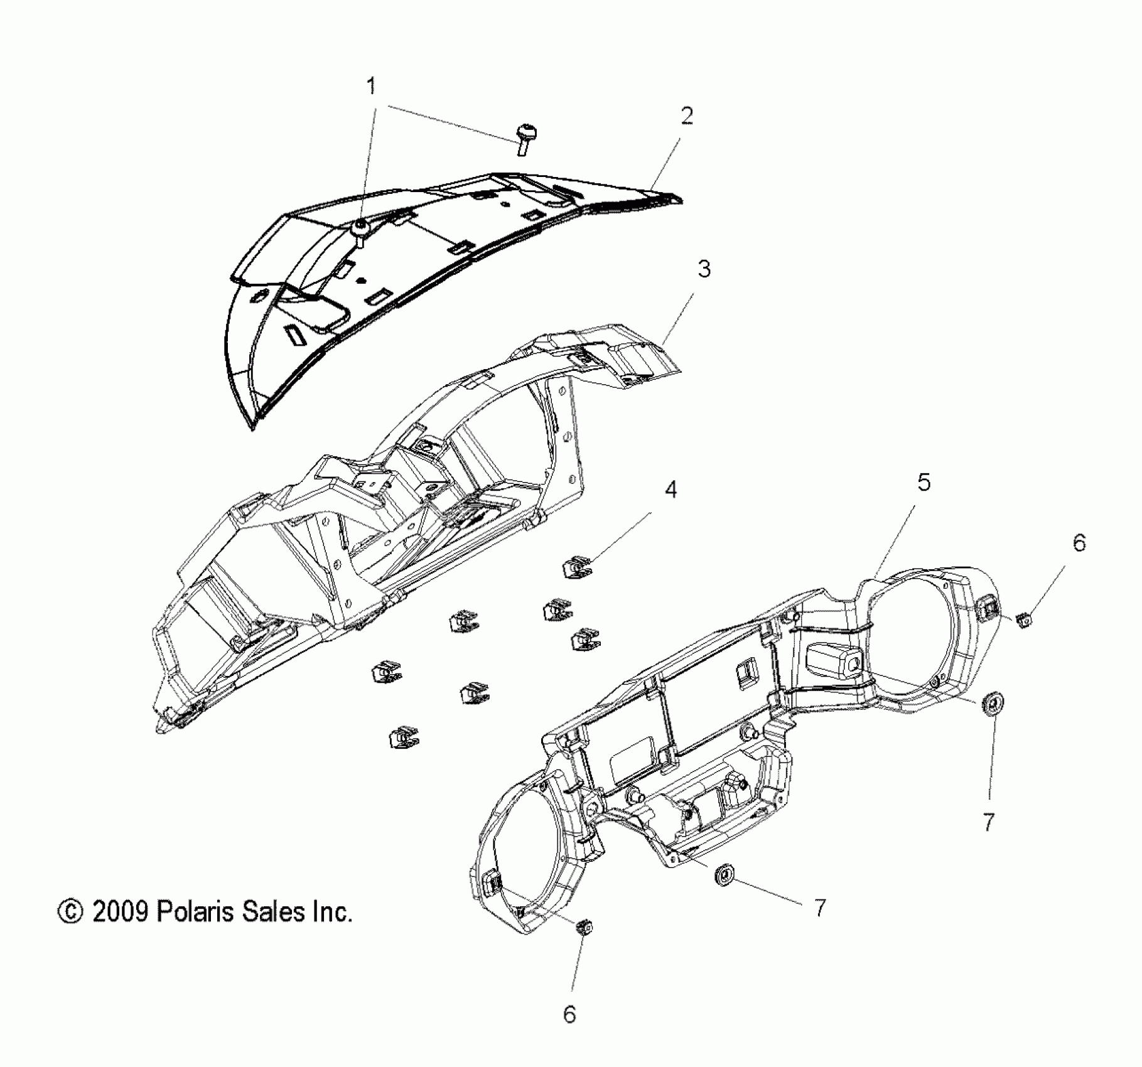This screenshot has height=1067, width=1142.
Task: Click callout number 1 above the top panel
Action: click(372, 86)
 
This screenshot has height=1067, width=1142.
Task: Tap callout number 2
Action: click(687, 115)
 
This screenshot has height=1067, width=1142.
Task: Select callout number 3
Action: click(704, 269)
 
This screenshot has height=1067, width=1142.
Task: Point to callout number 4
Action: click(671, 490)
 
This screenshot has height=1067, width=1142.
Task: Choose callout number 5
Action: click(924, 483)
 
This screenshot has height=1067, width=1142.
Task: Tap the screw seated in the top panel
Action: click(360, 230)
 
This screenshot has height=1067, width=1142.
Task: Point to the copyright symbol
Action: click(70, 911)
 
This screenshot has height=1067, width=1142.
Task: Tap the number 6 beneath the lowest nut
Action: click(569, 1014)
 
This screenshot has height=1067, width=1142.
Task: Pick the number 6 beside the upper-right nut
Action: click(1079, 543)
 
